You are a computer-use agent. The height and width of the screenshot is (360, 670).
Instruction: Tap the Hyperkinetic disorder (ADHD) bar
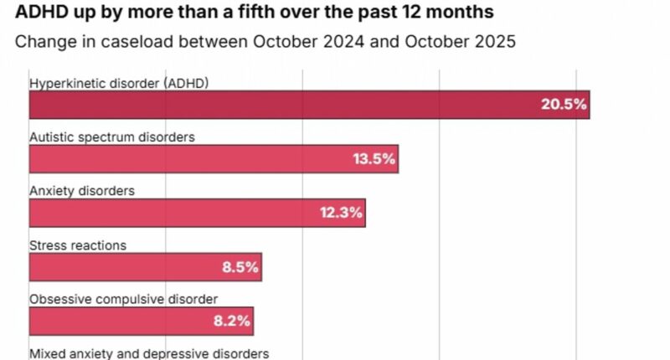[309, 105]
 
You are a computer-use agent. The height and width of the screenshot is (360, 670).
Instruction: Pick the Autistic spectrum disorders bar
[214, 159]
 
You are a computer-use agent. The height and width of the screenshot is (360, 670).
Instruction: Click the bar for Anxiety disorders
[197, 213]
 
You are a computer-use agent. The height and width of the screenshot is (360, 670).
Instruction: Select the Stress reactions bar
[145, 267]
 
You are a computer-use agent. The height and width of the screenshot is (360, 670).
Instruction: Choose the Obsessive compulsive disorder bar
[141, 321]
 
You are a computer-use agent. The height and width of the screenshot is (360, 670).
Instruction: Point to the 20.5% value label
[564, 105]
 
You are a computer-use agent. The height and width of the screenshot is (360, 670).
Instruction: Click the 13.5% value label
[373, 159]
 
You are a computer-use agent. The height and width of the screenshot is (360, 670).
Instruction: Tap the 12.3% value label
[340, 213]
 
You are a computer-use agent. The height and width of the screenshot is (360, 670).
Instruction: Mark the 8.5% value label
[240, 268]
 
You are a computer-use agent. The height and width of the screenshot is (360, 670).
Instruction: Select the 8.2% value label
[232, 321]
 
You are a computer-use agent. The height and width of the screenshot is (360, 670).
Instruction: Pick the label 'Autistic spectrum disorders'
[112, 136]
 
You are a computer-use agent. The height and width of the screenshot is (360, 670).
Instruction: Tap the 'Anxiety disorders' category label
[82, 191]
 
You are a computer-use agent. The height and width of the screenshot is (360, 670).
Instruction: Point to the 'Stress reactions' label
[78, 245]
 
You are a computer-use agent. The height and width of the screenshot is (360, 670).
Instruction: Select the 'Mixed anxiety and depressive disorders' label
[149, 353]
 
